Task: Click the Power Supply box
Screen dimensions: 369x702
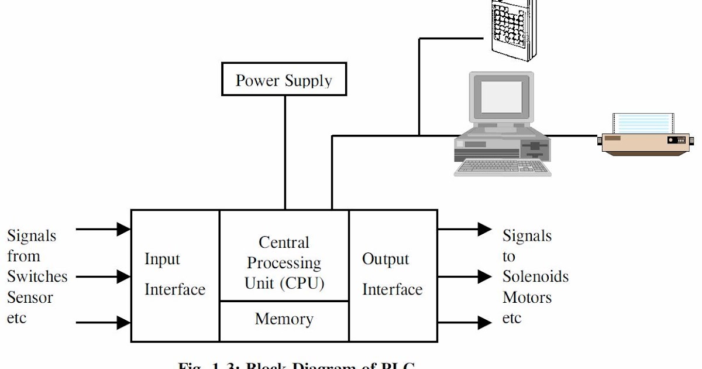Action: pos(284,80)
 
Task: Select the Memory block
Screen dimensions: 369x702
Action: pos(284,320)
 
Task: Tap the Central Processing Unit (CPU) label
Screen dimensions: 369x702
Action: pos(284,262)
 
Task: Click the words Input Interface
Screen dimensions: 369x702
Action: pos(174,274)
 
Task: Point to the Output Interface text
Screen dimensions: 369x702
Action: pos(392,274)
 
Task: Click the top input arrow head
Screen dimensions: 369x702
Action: pos(123,229)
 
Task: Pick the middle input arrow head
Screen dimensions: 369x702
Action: pos(123,276)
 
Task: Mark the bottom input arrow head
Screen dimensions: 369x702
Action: pos(123,322)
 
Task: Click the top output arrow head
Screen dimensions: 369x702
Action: pos(484,229)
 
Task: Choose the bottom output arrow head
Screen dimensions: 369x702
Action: pos(484,322)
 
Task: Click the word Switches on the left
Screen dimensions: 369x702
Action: pos(37,276)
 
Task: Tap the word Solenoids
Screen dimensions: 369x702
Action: pos(535,276)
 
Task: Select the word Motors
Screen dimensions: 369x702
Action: pos(526,298)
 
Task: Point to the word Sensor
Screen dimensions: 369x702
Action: pos(30,298)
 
